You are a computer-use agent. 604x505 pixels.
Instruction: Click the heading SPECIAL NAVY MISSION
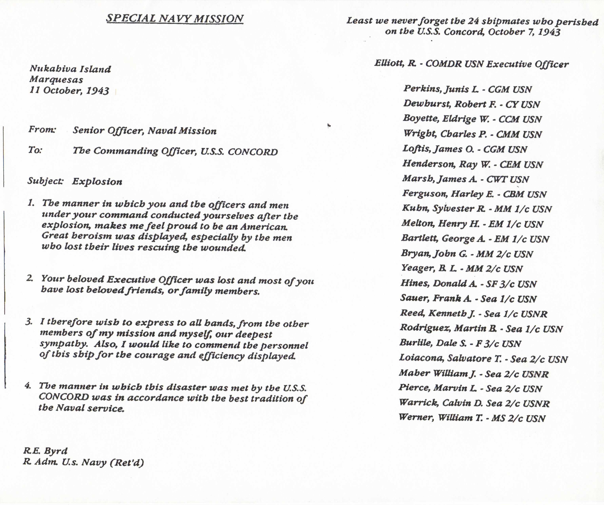click(175, 18)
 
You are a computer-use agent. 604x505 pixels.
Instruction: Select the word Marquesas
click(56, 79)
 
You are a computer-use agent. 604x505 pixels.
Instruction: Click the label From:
click(42, 130)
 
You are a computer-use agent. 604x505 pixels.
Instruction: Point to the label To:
click(35, 150)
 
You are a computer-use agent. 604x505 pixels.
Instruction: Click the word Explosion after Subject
click(97, 182)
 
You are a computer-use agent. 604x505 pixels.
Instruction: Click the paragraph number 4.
click(28, 386)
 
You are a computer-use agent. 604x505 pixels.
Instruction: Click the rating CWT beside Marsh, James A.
click(497, 179)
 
